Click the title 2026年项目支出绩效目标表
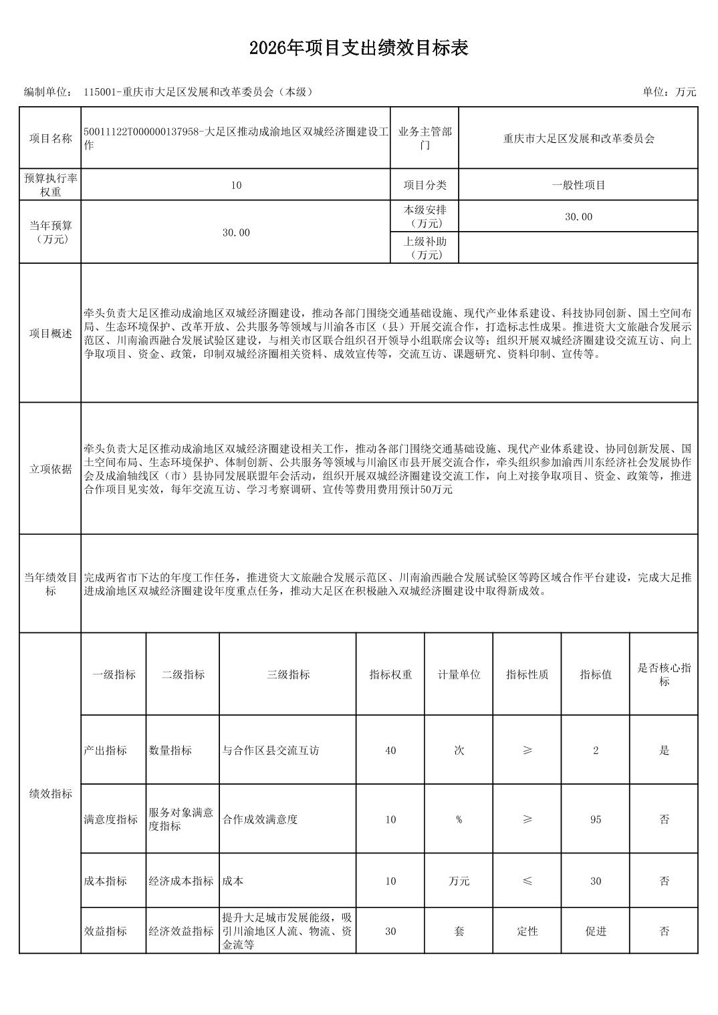[358, 48]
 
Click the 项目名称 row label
[50, 138]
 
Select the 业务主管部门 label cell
[425, 138]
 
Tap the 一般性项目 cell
[578, 185]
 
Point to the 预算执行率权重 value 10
[235, 185]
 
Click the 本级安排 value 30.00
[578, 216]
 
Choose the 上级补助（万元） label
[425, 248]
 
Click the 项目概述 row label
[50, 333]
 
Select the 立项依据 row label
[50, 469]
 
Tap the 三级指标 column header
[288, 674]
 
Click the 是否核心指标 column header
[664, 674]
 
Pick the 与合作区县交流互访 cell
[271, 751]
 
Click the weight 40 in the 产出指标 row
[390, 751]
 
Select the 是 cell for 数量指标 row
[664, 751]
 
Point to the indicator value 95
[596, 819]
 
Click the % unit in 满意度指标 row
[459, 819]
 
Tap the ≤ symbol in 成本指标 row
[527, 881]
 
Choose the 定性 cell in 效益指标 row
[527, 931]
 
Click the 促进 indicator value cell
[596, 931]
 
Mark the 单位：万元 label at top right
[669, 92]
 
